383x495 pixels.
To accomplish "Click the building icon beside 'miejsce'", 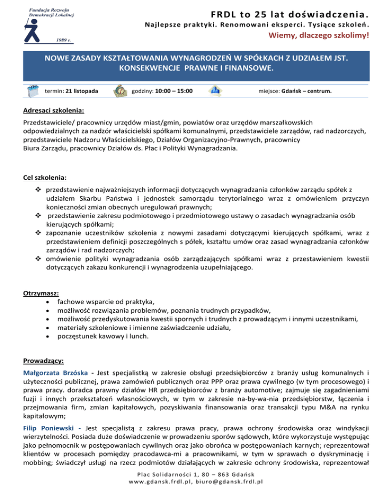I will [x=215, y=91].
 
